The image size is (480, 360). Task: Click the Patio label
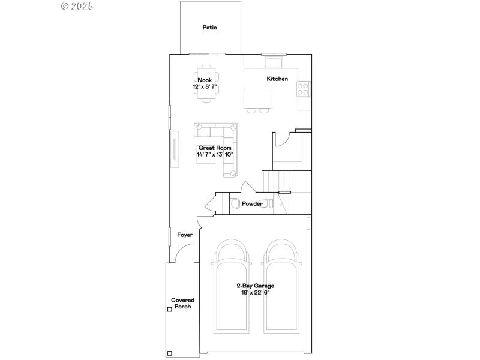click(x=209, y=28)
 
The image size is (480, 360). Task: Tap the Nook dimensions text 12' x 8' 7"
click(x=205, y=87)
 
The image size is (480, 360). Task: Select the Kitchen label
click(x=277, y=79)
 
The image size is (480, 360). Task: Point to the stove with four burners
click(x=303, y=89)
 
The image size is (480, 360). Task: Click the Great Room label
click(x=214, y=148)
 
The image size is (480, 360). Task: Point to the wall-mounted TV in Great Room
click(x=175, y=150)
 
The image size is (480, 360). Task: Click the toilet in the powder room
click(x=235, y=203)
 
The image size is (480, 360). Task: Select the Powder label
click(x=252, y=204)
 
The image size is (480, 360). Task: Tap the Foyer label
click(x=185, y=235)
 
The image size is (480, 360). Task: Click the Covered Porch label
click(x=182, y=303)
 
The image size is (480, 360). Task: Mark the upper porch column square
click(x=170, y=310)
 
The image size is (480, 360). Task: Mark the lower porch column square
click(x=170, y=353)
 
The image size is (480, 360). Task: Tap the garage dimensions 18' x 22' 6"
click(x=255, y=293)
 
